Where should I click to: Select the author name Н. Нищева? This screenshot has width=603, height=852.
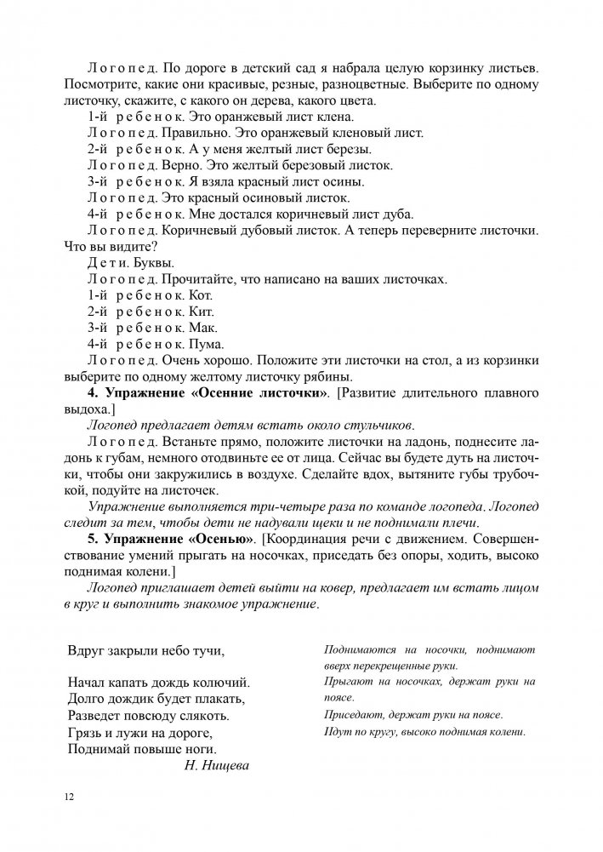(x=216, y=765)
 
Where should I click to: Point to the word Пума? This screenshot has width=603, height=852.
(x=207, y=344)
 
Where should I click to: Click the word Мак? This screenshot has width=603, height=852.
(x=203, y=328)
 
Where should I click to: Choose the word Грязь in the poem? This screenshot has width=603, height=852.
(x=84, y=733)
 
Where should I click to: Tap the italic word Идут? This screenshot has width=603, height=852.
(x=338, y=732)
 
